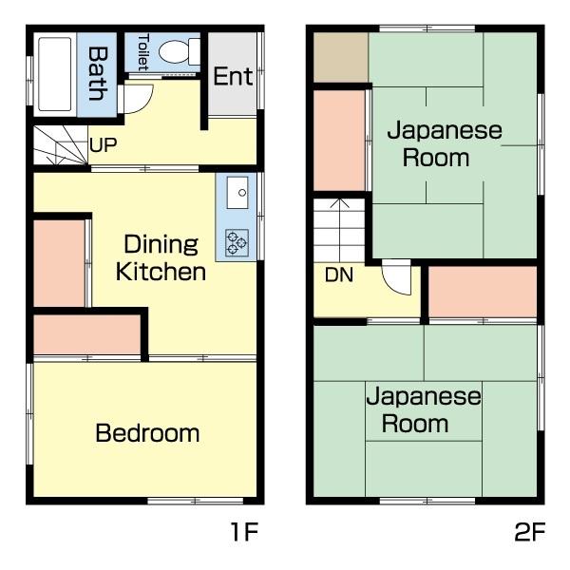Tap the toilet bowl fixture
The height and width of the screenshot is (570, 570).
click(176, 51)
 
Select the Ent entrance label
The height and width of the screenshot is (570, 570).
click(233, 76)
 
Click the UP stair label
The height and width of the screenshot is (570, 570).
click(103, 146)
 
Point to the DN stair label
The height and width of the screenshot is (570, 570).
click(339, 275)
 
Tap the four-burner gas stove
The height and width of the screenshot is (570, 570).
click(237, 244)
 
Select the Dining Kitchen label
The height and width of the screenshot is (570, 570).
click(161, 257)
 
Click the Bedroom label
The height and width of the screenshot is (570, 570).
click(147, 434)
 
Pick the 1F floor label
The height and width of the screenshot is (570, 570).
click(244, 532)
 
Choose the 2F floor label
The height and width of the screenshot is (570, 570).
click(529, 532)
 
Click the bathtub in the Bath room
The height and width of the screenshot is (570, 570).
click(56, 72)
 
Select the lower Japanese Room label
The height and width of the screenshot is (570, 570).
click(424, 409)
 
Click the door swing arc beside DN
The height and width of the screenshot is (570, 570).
click(395, 277)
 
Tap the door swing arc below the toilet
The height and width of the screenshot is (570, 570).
click(138, 97)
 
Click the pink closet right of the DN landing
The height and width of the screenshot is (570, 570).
click(483, 292)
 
